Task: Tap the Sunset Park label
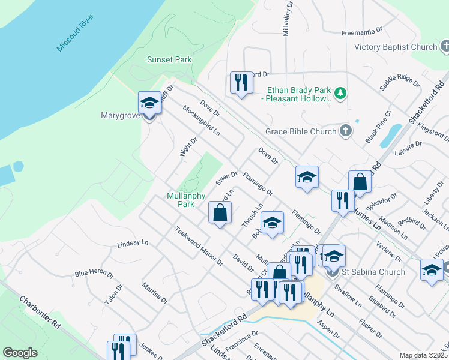point(169,59)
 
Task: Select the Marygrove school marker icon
point(149,103)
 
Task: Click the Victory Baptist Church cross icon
point(445,46)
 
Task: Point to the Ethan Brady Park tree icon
point(340,92)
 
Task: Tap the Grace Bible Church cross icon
point(345,131)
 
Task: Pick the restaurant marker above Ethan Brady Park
point(241,83)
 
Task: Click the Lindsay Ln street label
point(133,244)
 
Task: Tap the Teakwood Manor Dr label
point(199,246)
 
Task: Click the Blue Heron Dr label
point(94,273)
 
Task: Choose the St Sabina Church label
point(373,272)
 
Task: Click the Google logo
point(20,353)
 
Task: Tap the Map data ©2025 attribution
point(423,355)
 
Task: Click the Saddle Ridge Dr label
point(399,82)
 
